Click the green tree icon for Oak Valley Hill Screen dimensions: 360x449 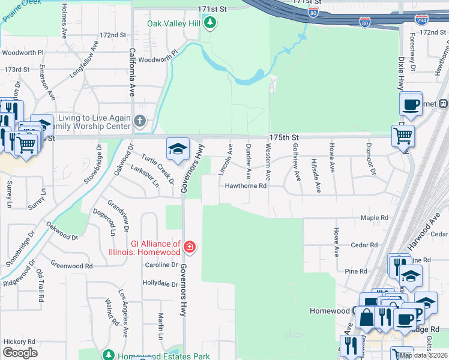[209, 23]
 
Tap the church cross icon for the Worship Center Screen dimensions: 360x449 [139, 122]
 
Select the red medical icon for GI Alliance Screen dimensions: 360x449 [190, 247]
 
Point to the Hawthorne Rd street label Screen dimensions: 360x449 [246, 186]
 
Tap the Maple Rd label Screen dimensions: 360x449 [375, 218]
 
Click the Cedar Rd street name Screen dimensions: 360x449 [364, 245]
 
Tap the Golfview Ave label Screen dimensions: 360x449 [295, 162]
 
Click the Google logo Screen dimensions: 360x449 [20, 353]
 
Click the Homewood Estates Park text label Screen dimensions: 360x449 [163, 356]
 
